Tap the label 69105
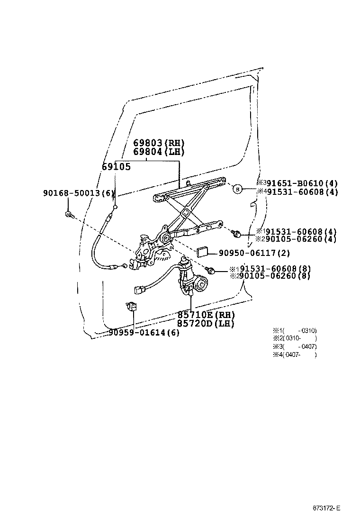116,166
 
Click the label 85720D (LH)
206,324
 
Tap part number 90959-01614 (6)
144,332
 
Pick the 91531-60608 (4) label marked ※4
300,192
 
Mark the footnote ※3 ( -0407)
295,346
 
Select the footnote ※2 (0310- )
295,338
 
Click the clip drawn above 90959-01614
132,306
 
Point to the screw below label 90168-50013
69,216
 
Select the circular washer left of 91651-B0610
238,189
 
